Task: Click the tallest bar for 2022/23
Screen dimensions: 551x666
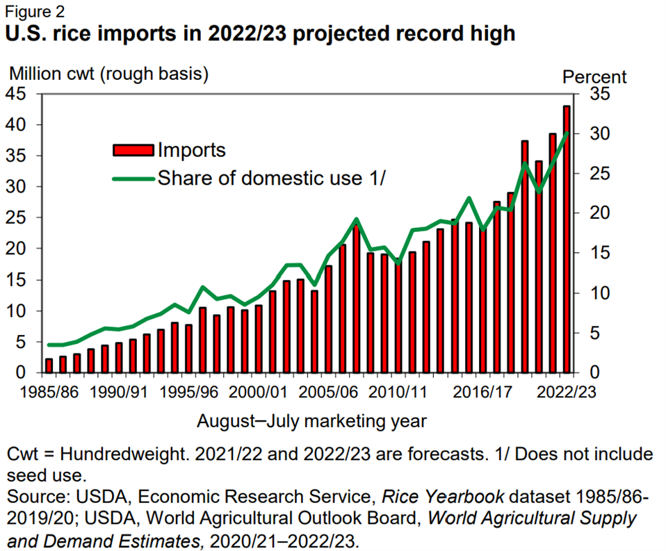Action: coord(566,239)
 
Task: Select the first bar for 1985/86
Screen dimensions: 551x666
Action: coord(49,365)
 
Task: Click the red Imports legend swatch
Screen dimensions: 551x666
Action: coord(133,150)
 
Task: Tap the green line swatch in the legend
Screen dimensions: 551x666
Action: coord(133,178)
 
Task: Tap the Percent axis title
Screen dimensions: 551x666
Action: coord(594,76)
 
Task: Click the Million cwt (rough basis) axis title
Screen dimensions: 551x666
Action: coord(108,72)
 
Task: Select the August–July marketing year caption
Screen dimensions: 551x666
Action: coord(311,421)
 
